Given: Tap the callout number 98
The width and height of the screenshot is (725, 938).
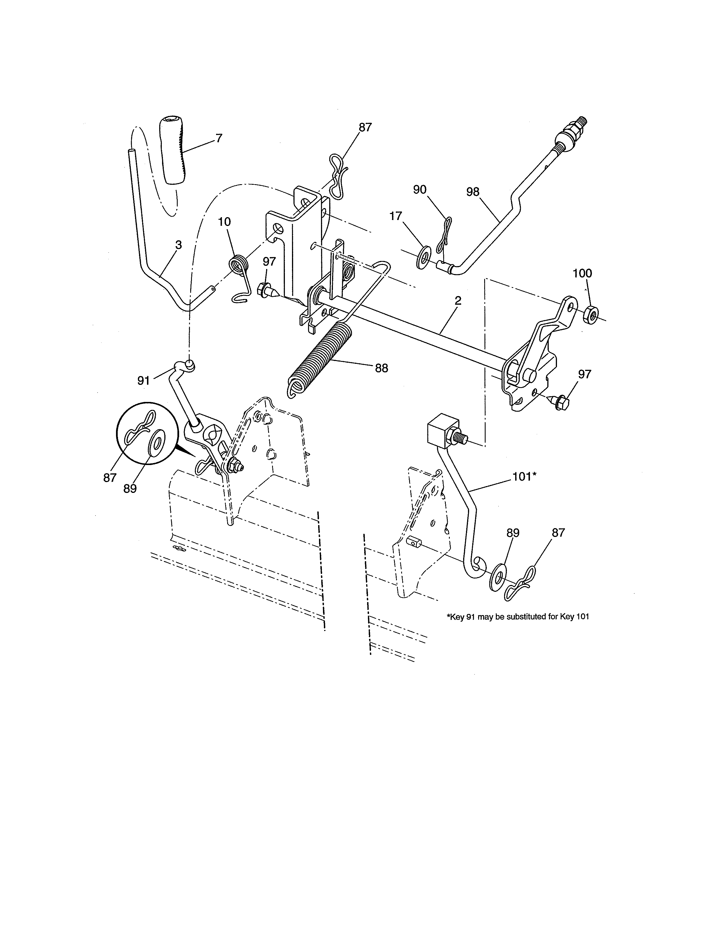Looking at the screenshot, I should tap(473, 192).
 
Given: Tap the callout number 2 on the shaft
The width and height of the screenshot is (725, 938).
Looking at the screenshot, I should tap(458, 301).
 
